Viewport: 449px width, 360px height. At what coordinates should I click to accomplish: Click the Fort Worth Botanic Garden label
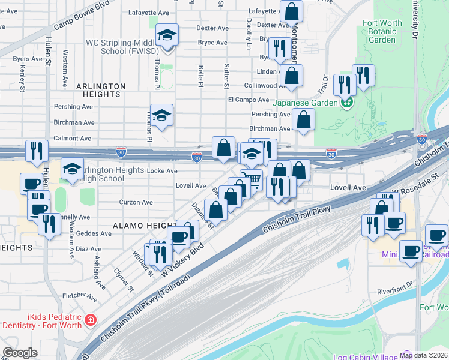(x=382, y=32)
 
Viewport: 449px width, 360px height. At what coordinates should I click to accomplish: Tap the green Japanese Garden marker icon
(x=346, y=103)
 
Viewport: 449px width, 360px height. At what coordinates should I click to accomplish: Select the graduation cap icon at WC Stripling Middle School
(x=167, y=35)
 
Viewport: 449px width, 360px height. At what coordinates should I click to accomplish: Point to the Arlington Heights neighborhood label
(x=101, y=90)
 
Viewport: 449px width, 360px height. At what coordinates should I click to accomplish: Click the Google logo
(x=20, y=353)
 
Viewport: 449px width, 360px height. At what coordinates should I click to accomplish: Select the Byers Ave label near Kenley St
(x=28, y=59)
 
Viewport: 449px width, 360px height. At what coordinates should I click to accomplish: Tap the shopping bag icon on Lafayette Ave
(x=291, y=11)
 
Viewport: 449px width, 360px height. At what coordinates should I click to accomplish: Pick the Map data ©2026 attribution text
(x=424, y=355)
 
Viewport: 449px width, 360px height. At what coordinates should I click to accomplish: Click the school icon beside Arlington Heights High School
(x=71, y=170)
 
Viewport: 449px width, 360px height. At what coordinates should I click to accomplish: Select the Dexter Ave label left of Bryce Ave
(x=212, y=28)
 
